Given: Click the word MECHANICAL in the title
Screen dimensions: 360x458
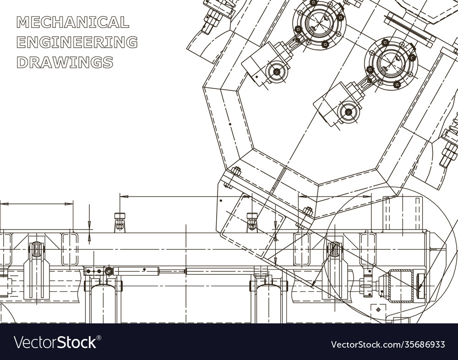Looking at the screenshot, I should tap(72, 22).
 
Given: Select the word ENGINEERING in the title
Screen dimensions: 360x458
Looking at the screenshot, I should tap(77, 42).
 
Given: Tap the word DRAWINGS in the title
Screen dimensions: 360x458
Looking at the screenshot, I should tap(65, 62).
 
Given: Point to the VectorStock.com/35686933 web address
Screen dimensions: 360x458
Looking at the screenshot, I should tap(388, 344).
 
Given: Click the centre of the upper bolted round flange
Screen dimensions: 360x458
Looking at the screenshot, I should tap(319, 23).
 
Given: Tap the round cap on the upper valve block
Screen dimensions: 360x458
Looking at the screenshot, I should tap(276, 71).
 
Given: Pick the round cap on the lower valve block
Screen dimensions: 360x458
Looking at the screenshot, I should tap(348, 112).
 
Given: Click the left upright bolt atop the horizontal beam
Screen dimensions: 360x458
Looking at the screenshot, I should tap(120, 222).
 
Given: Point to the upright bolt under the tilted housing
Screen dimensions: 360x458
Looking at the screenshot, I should tap(252, 222).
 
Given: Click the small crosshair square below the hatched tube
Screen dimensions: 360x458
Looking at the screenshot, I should tap(378, 310).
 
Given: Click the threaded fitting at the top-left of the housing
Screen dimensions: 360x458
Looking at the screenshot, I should tap(213, 15).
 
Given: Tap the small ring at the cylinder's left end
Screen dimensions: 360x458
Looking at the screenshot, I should tap(109, 271).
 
